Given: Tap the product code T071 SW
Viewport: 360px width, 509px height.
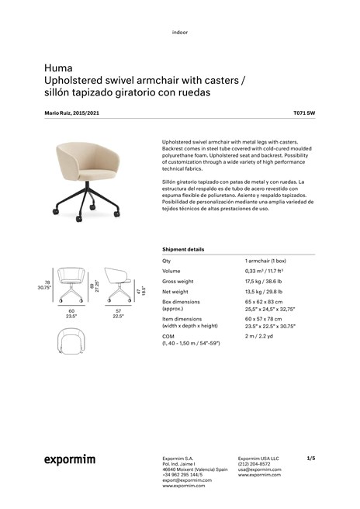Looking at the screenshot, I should [304, 113].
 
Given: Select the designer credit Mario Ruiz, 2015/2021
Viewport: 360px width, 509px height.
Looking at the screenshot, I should [72, 113].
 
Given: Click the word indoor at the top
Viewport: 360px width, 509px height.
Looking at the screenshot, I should [180, 32].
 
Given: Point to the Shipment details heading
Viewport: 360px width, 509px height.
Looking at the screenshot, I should [183, 249].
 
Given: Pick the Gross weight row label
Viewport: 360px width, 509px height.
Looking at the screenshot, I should [180, 281].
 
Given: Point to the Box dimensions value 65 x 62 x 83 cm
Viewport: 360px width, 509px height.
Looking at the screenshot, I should [265, 301].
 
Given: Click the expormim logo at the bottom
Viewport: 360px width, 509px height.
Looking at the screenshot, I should [69, 460].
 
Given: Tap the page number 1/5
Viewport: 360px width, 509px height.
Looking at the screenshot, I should [311, 458].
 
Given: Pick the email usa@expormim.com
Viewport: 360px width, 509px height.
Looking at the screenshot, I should [259, 469].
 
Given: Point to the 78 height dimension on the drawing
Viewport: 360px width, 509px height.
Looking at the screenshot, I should [47, 282].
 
